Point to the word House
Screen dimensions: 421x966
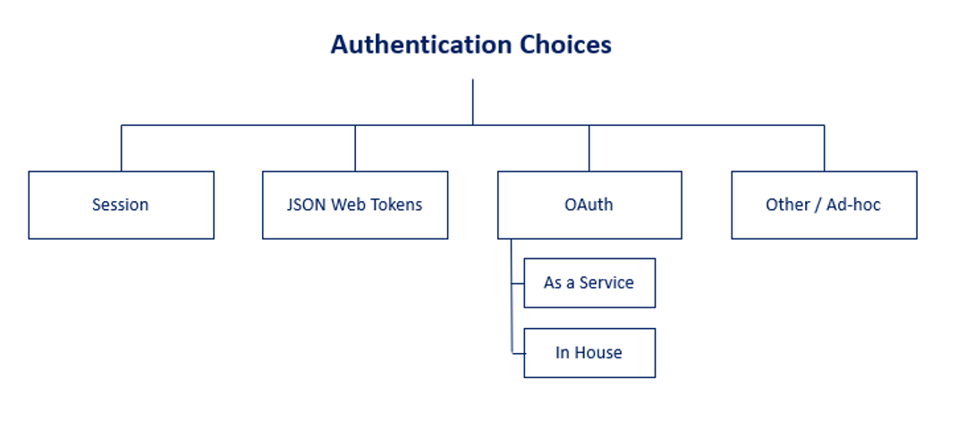click(598, 352)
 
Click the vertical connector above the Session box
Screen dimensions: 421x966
click(122, 147)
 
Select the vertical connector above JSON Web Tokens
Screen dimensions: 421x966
click(355, 147)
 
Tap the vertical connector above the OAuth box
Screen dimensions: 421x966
click(589, 147)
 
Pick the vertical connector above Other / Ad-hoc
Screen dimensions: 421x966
click(824, 147)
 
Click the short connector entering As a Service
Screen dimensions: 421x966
click(518, 283)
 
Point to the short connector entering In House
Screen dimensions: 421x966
click(518, 352)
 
